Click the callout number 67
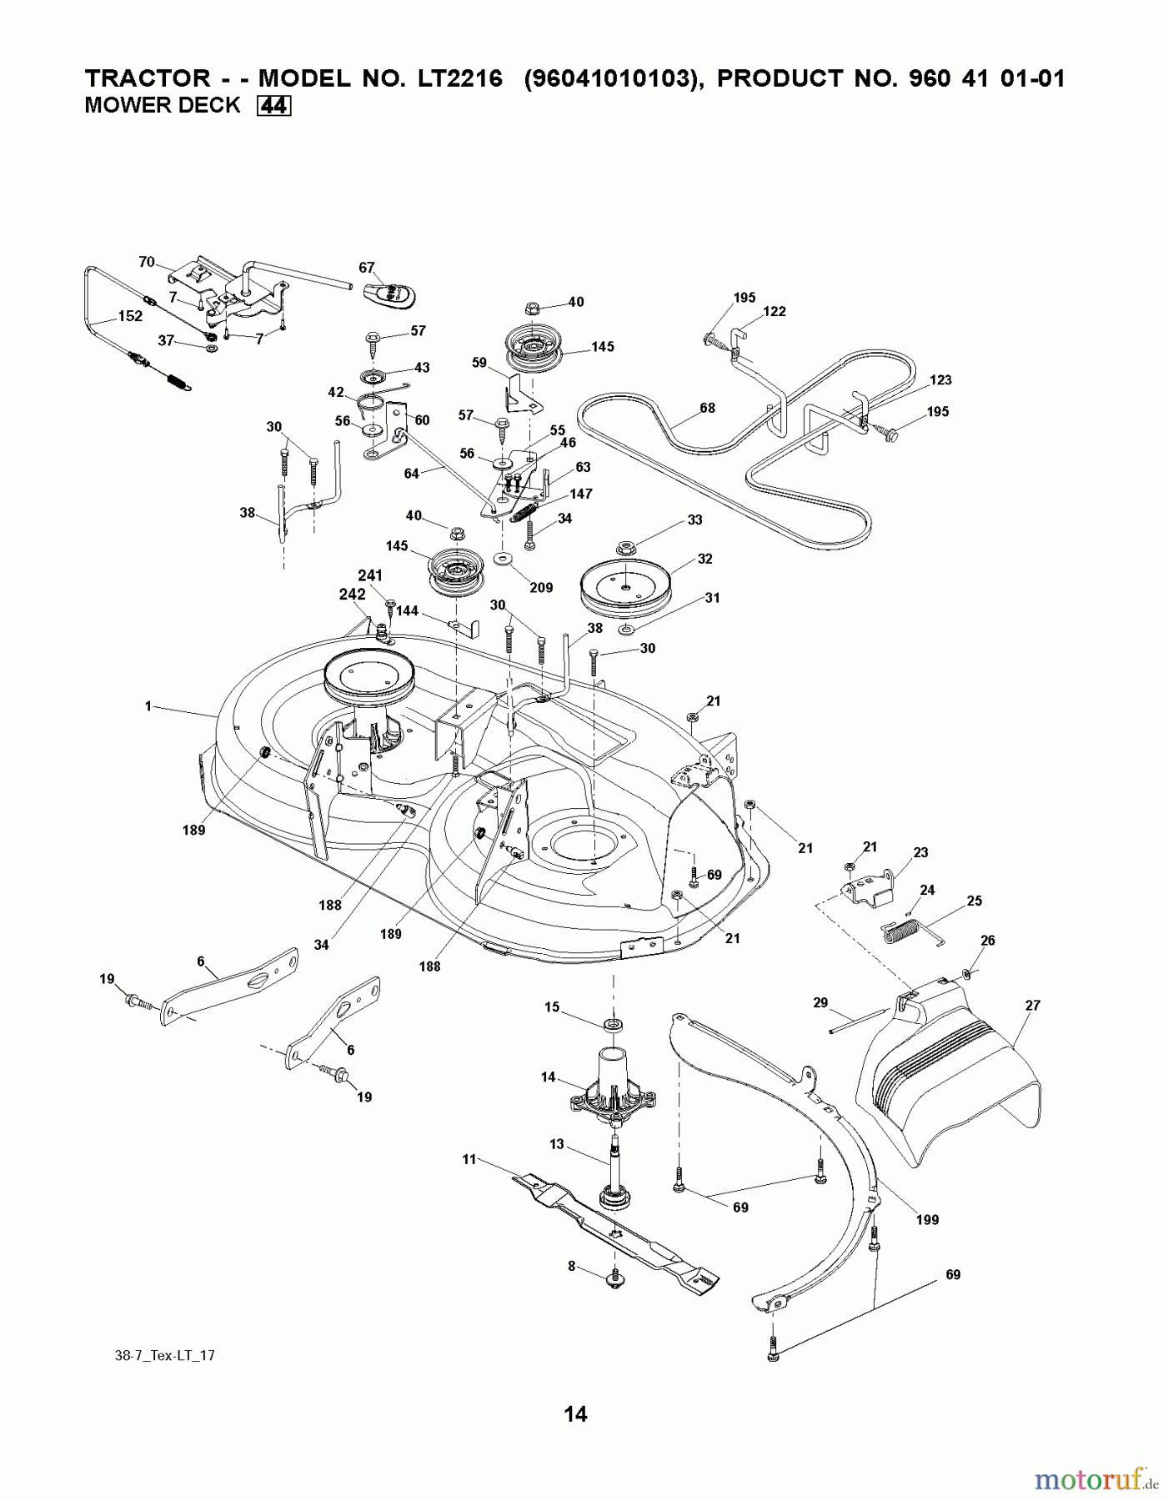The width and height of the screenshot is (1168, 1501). (x=367, y=268)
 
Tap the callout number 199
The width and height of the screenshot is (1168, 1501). (x=927, y=1220)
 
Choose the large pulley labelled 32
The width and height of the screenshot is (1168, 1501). (x=625, y=582)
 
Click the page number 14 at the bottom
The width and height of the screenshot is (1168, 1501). (x=575, y=1413)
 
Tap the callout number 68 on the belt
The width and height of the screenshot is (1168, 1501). (x=707, y=408)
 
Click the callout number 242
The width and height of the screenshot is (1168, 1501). (x=353, y=595)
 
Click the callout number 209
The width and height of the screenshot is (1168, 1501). (x=541, y=588)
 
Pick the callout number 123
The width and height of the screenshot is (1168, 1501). (x=940, y=380)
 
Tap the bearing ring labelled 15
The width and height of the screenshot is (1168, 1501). (x=613, y=1024)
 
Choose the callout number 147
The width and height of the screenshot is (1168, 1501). (x=581, y=494)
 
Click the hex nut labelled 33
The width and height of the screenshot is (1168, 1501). (x=626, y=548)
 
